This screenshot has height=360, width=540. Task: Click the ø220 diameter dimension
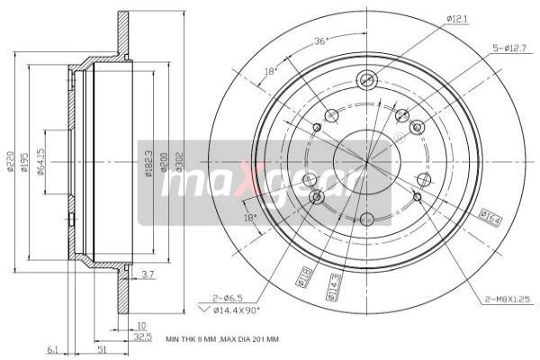point(11,162)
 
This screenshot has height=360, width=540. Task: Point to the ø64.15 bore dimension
point(42,162)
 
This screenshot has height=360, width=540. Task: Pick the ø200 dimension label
point(165,162)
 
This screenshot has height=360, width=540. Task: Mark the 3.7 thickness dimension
point(148,274)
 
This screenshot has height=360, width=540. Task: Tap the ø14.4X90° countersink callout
point(237,309)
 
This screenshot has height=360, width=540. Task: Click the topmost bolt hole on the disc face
point(366,80)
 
